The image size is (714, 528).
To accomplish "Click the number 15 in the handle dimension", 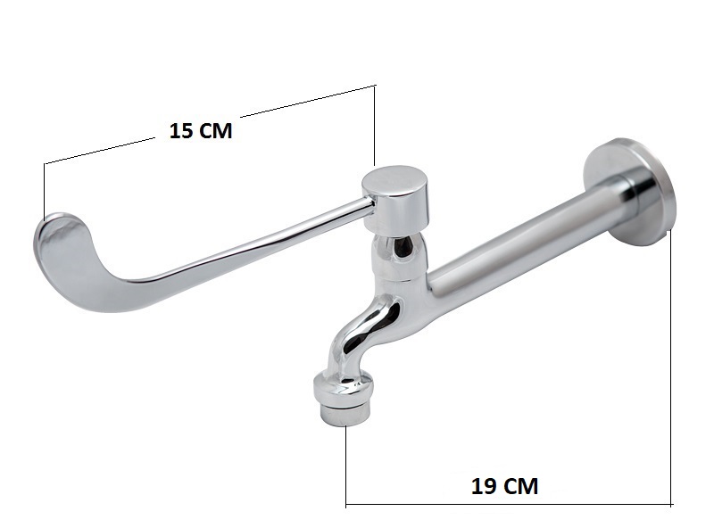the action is click(x=180, y=130).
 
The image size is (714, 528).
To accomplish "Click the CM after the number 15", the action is click(x=215, y=130).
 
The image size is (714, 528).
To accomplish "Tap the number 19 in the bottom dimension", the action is click(x=483, y=486).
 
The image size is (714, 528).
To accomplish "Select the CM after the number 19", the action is click(x=520, y=486).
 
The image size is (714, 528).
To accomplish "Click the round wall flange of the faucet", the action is click(x=628, y=192).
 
